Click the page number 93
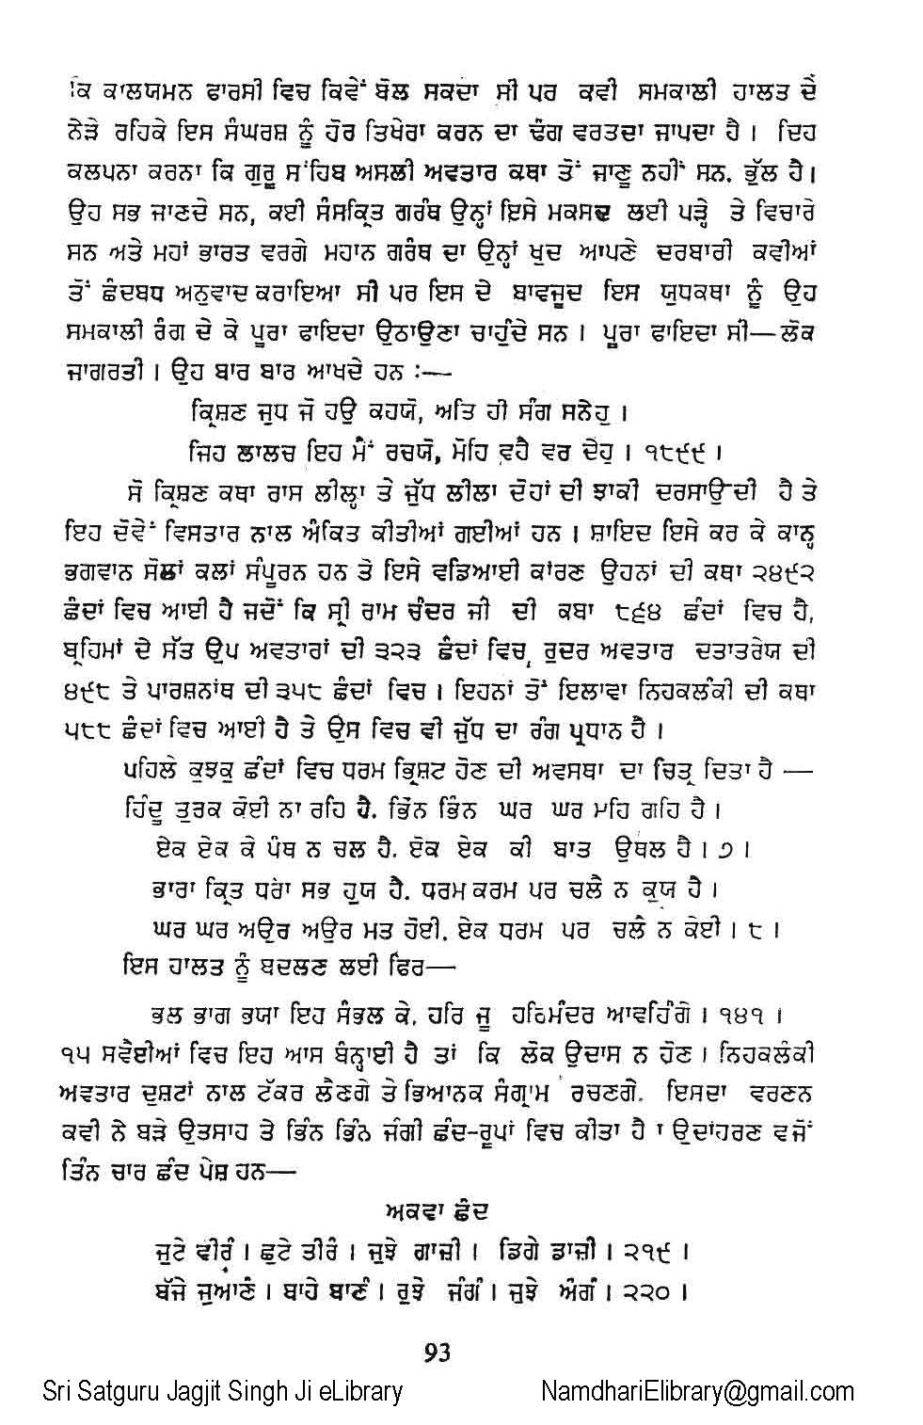(437, 1353)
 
